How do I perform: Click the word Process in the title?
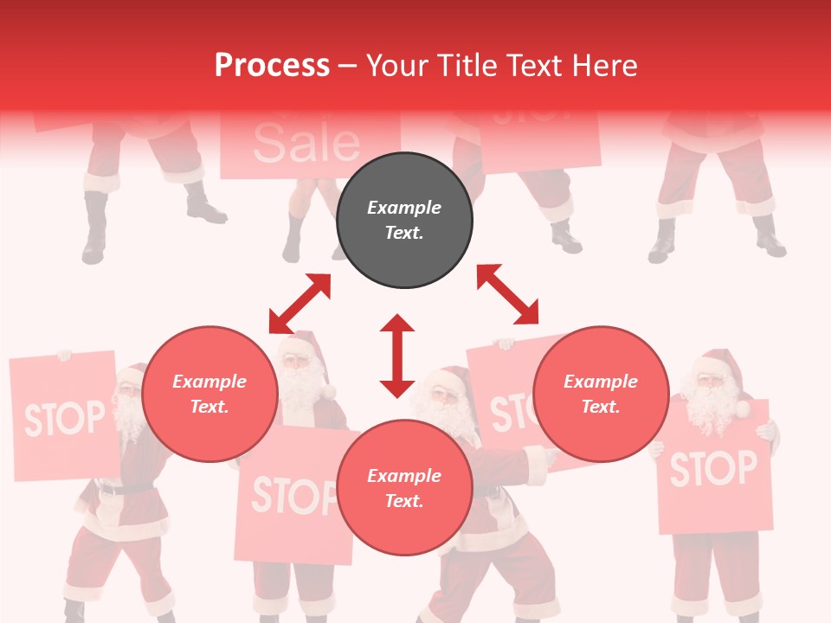tap(272, 66)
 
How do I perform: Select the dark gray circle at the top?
tap(404, 220)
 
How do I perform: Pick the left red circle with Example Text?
tap(209, 394)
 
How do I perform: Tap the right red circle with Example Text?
tap(601, 394)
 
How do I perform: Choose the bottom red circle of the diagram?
tap(404, 488)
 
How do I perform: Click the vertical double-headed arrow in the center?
tap(397, 356)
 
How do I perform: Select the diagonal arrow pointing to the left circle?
tap(300, 304)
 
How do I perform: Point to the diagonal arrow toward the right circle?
tap(508, 294)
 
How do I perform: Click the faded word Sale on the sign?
tap(306, 144)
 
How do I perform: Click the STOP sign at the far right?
tap(713, 468)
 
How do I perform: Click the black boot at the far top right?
tap(770, 238)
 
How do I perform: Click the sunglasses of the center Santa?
tap(445, 394)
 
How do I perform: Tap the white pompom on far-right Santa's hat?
tap(742, 408)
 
